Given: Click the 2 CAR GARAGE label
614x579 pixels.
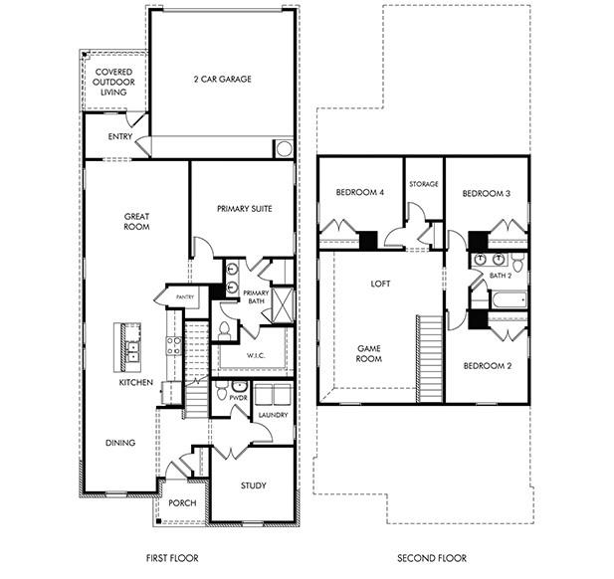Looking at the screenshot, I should coord(221,79).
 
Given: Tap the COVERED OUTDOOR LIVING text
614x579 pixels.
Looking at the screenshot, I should coord(114,83).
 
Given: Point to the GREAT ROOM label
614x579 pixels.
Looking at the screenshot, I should coord(136,221).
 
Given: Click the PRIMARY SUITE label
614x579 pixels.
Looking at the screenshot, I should coord(244,208).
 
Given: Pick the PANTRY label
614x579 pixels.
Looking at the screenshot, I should coord(184,296).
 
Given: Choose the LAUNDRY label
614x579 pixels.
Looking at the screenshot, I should coord(273,413).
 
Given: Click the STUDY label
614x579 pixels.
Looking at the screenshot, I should coord(254,485).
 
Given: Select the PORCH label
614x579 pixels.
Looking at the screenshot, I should coord(181,502).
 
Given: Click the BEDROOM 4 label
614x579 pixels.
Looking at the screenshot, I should coord(359,193).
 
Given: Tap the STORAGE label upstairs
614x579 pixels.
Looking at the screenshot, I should coord(423,183).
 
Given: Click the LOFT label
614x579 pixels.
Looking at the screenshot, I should coord(380,284).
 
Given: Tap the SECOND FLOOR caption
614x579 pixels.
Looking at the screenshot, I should coord(432,558).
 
